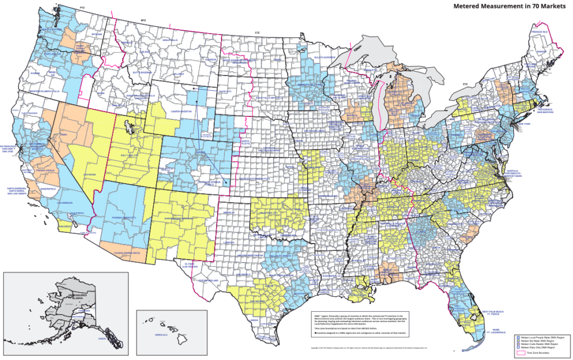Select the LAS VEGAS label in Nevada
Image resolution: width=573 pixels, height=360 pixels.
(x=90, y=175)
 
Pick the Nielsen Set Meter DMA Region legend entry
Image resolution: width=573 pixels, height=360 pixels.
(x=537, y=341)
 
